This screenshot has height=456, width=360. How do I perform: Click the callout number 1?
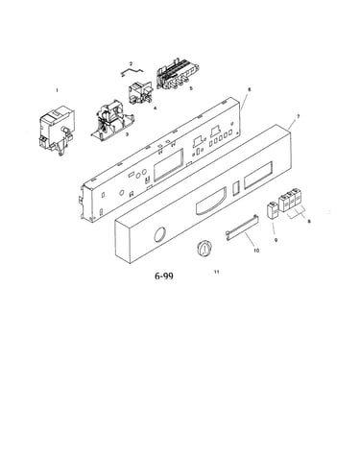click(x=57, y=90)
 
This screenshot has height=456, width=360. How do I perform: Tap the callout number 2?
click(x=131, y=64)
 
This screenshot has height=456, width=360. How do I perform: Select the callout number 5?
click(x=191, y=88)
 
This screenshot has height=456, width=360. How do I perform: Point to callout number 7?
click(x=298, y=117)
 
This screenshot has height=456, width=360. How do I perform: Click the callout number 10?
click(x=256, y=251)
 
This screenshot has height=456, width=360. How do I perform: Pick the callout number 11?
click(x=217, y=272)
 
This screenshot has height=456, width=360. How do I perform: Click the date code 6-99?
click(x=164, y=276)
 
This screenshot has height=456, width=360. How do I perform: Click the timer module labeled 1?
click(x=58, y=132)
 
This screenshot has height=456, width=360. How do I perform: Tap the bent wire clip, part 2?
click(x=132, y=72)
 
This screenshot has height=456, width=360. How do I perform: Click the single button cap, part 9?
click(x=273, y=211)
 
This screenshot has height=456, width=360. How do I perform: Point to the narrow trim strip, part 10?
click(x=242, y=228)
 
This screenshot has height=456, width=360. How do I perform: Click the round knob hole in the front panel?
click(x=159, y=235)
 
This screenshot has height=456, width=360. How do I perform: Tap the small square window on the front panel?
click(x=235, y=187)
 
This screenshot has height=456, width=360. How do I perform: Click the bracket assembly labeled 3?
click(x=112, y=121)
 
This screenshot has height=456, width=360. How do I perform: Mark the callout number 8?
click(x=309, y=221)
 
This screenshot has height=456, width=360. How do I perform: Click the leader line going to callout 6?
click(x=245, y=100)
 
